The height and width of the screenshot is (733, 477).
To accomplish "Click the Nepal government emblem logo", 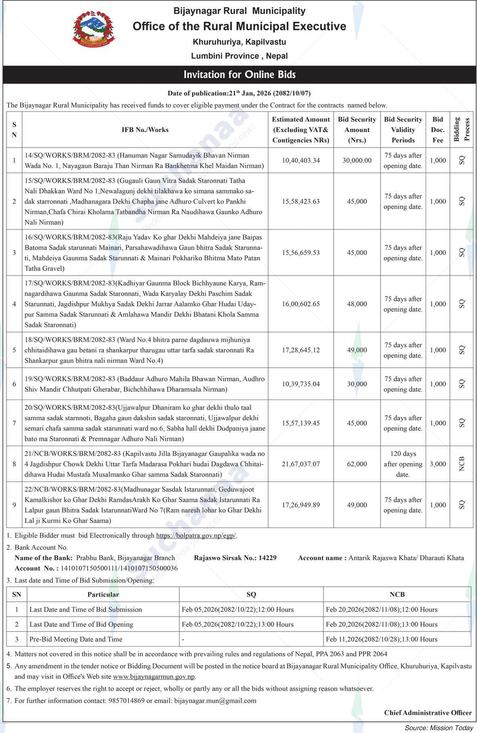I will coord(93,29).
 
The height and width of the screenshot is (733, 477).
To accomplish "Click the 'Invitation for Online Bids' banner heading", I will coord(240,75).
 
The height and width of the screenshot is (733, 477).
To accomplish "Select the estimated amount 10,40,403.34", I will coord(300,160).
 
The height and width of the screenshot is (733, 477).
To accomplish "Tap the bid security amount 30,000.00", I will coord(357,160).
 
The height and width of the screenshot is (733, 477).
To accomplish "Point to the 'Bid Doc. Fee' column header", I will coord(437,130).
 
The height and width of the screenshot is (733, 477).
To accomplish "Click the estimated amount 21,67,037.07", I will coord(300,464).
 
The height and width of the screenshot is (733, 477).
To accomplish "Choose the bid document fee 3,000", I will coord(437,464).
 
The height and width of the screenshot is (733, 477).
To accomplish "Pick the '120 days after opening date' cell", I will coord(403,464).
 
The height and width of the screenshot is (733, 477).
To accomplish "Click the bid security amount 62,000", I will coord(357,464).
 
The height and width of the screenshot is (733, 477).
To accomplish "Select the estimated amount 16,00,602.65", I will coord(300,304).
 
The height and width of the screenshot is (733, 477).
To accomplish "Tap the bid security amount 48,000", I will coord(357,304).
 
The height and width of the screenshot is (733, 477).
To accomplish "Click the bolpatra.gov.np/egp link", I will coord(196,536).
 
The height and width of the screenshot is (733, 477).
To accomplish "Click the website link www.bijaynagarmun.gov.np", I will coord(154,676).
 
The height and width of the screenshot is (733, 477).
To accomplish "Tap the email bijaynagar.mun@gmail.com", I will coord(215,701).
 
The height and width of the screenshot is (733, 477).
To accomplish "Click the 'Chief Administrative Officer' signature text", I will coord(428,713).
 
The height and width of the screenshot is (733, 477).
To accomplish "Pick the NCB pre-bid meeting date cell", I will coord(381,639).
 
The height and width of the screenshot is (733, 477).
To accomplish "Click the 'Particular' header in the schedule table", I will coord(103,594).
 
